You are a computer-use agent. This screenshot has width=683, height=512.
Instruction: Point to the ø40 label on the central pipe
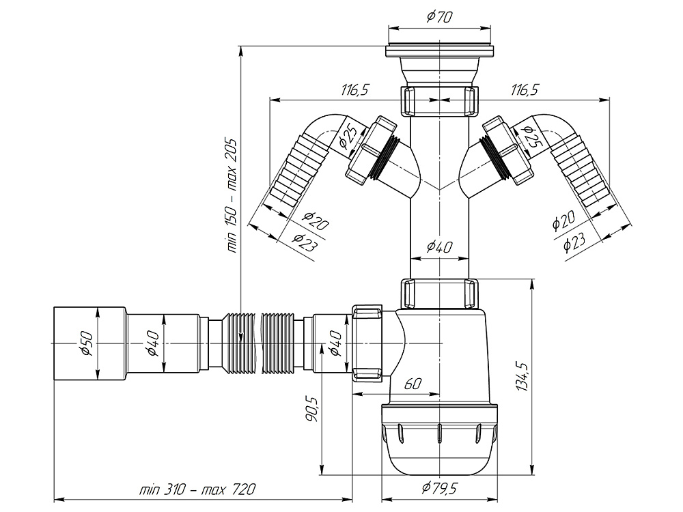coord(438,247)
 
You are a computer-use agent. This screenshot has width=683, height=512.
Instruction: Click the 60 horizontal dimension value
coord(412,384)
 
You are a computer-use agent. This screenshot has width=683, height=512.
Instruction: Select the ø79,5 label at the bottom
coord(438,489)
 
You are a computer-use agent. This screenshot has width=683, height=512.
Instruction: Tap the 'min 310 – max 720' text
coord(198,490)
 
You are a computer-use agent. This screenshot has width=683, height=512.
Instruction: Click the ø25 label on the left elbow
coord(348,137)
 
